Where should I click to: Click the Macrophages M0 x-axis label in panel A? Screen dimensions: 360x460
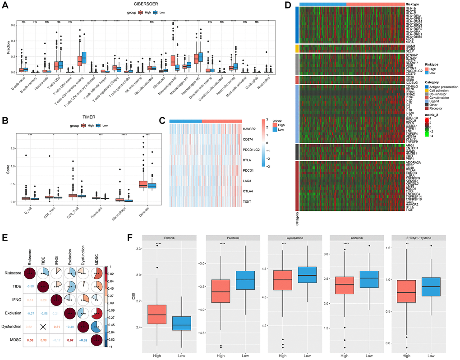pos(170,88)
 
